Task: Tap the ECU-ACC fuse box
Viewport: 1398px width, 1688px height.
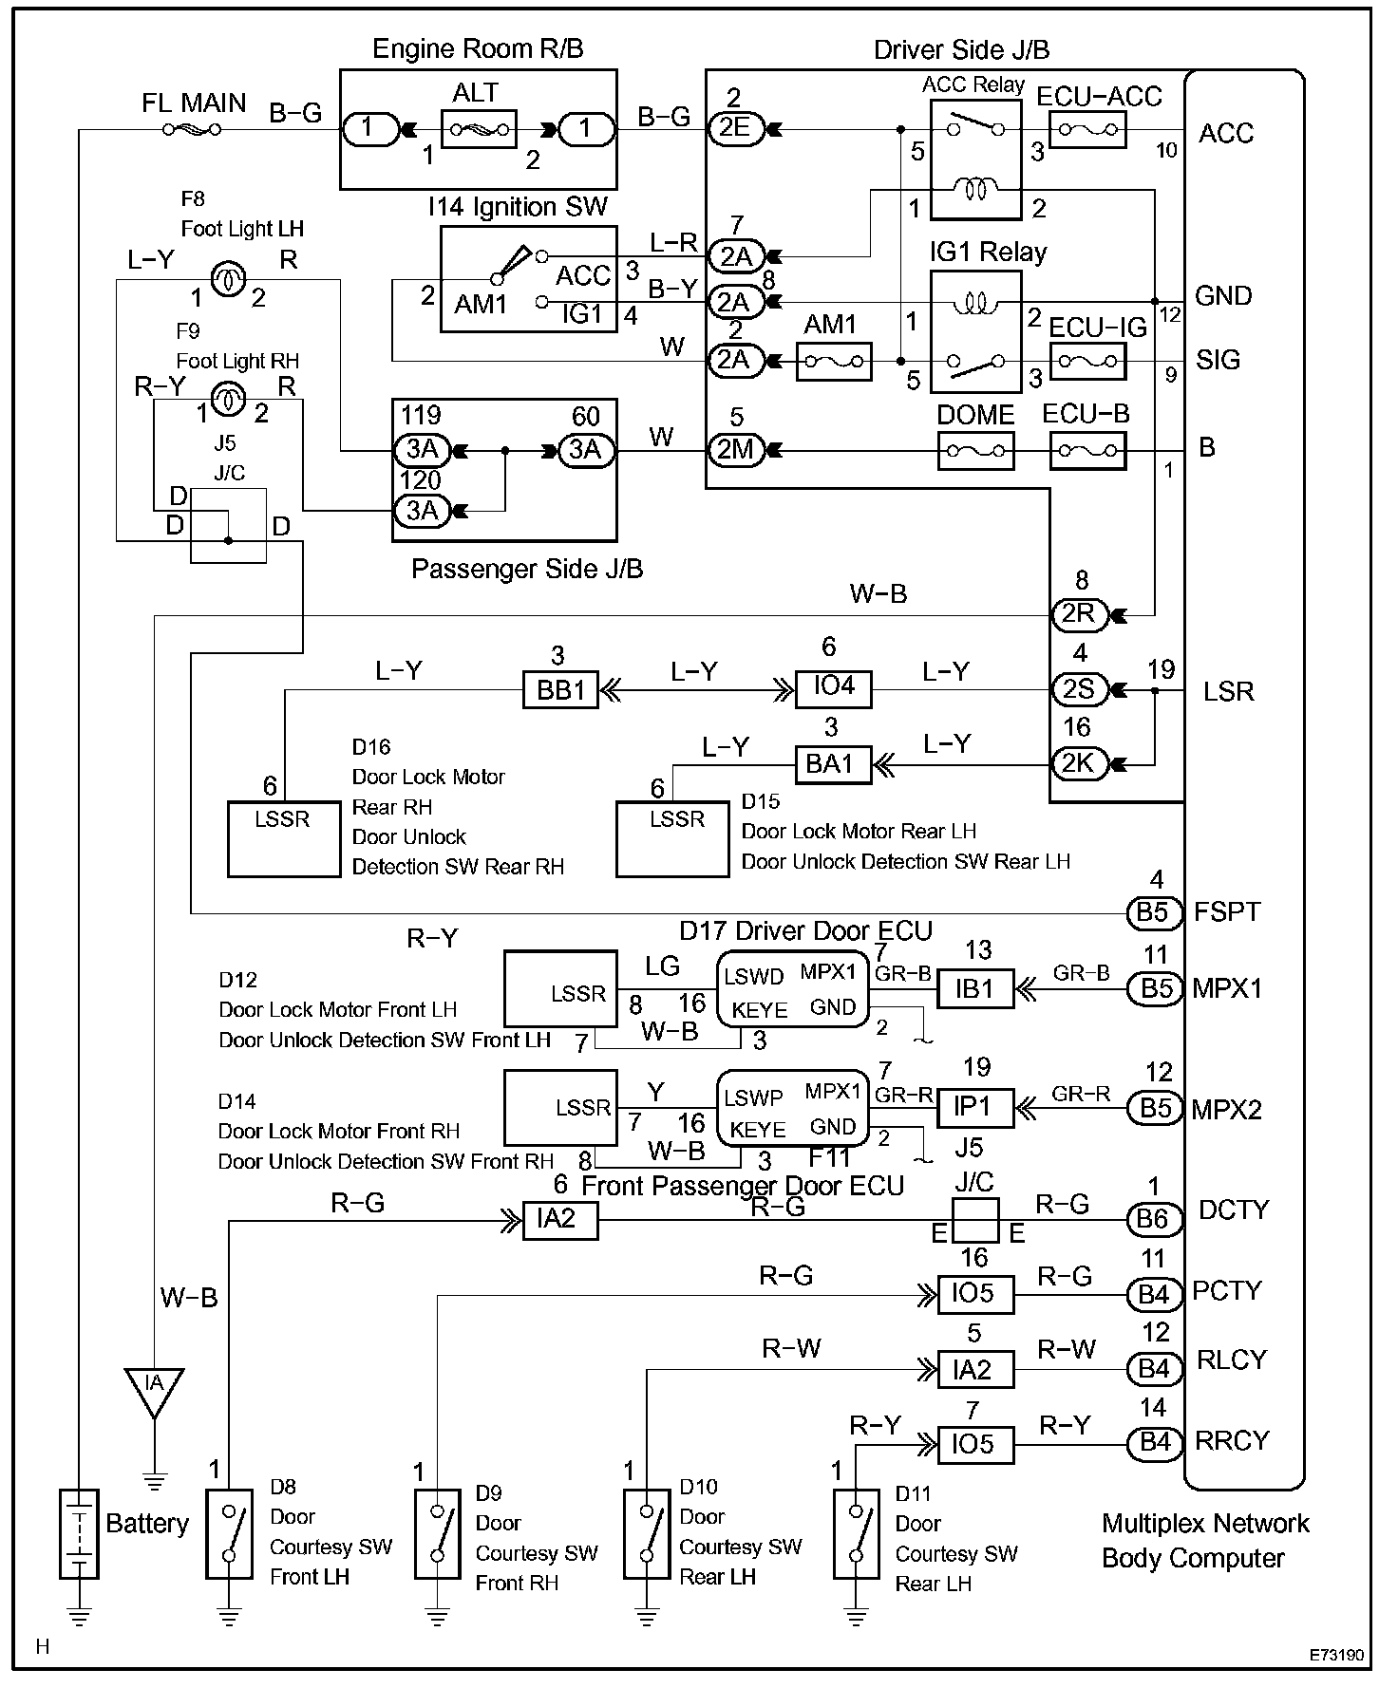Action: tap(1088, 129)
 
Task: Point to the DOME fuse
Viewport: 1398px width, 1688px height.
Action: tap(975, 451)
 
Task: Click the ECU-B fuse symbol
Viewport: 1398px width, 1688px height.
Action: tap(1088, 451)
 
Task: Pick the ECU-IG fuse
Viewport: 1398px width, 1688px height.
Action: tap(1088, 362)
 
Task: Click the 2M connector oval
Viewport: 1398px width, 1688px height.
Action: tap(736, 450)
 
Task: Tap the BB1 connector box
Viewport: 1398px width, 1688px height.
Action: tap(561, 689)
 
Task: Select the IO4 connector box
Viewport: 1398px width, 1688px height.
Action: tap(833, 686)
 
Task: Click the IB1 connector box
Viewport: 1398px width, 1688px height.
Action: tap(975, 988)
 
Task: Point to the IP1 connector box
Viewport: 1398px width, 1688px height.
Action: tap(975, 1108)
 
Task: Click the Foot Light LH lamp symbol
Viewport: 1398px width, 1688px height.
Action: tap(226, 278)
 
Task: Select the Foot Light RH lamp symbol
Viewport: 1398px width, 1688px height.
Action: tap(226, 399)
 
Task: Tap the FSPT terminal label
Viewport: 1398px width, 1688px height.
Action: tap(1227, 912)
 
